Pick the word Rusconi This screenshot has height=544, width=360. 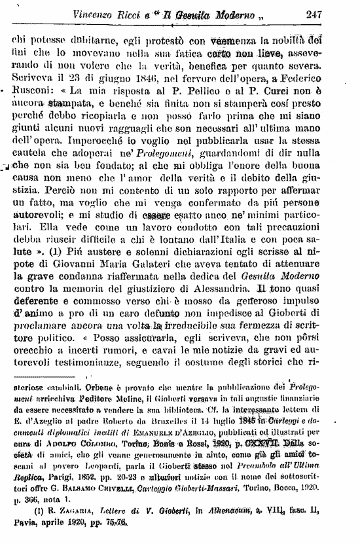click(x=34, y=89)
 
